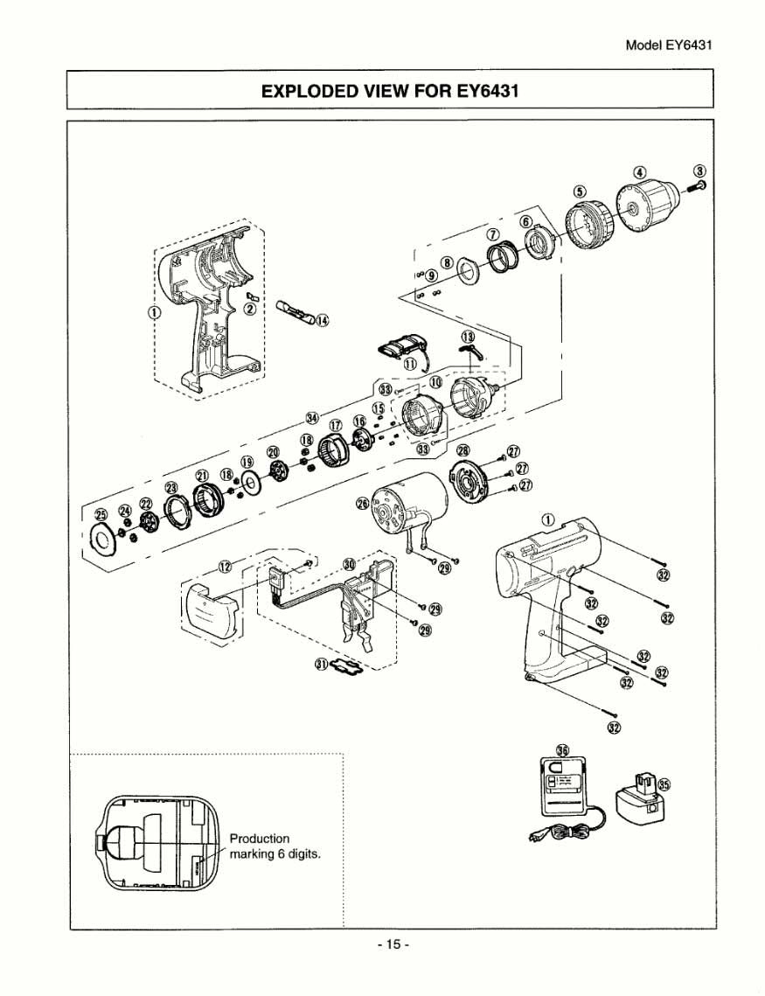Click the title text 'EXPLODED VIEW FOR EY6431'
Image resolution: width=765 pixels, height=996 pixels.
(390, 91)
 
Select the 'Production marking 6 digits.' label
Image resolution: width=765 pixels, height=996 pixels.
(274, 846)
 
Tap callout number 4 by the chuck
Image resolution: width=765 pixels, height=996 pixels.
(640, 171)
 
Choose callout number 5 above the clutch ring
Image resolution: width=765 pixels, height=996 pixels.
(579, 192)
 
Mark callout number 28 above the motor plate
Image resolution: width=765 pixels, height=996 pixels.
(462, 449)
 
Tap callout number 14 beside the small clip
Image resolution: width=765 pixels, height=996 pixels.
(322, 320)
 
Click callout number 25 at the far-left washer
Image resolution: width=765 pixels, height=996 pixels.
(101, 514)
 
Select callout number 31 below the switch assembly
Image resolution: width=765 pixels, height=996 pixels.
(322, 665)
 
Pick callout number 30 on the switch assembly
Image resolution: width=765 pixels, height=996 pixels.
(350, 565)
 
